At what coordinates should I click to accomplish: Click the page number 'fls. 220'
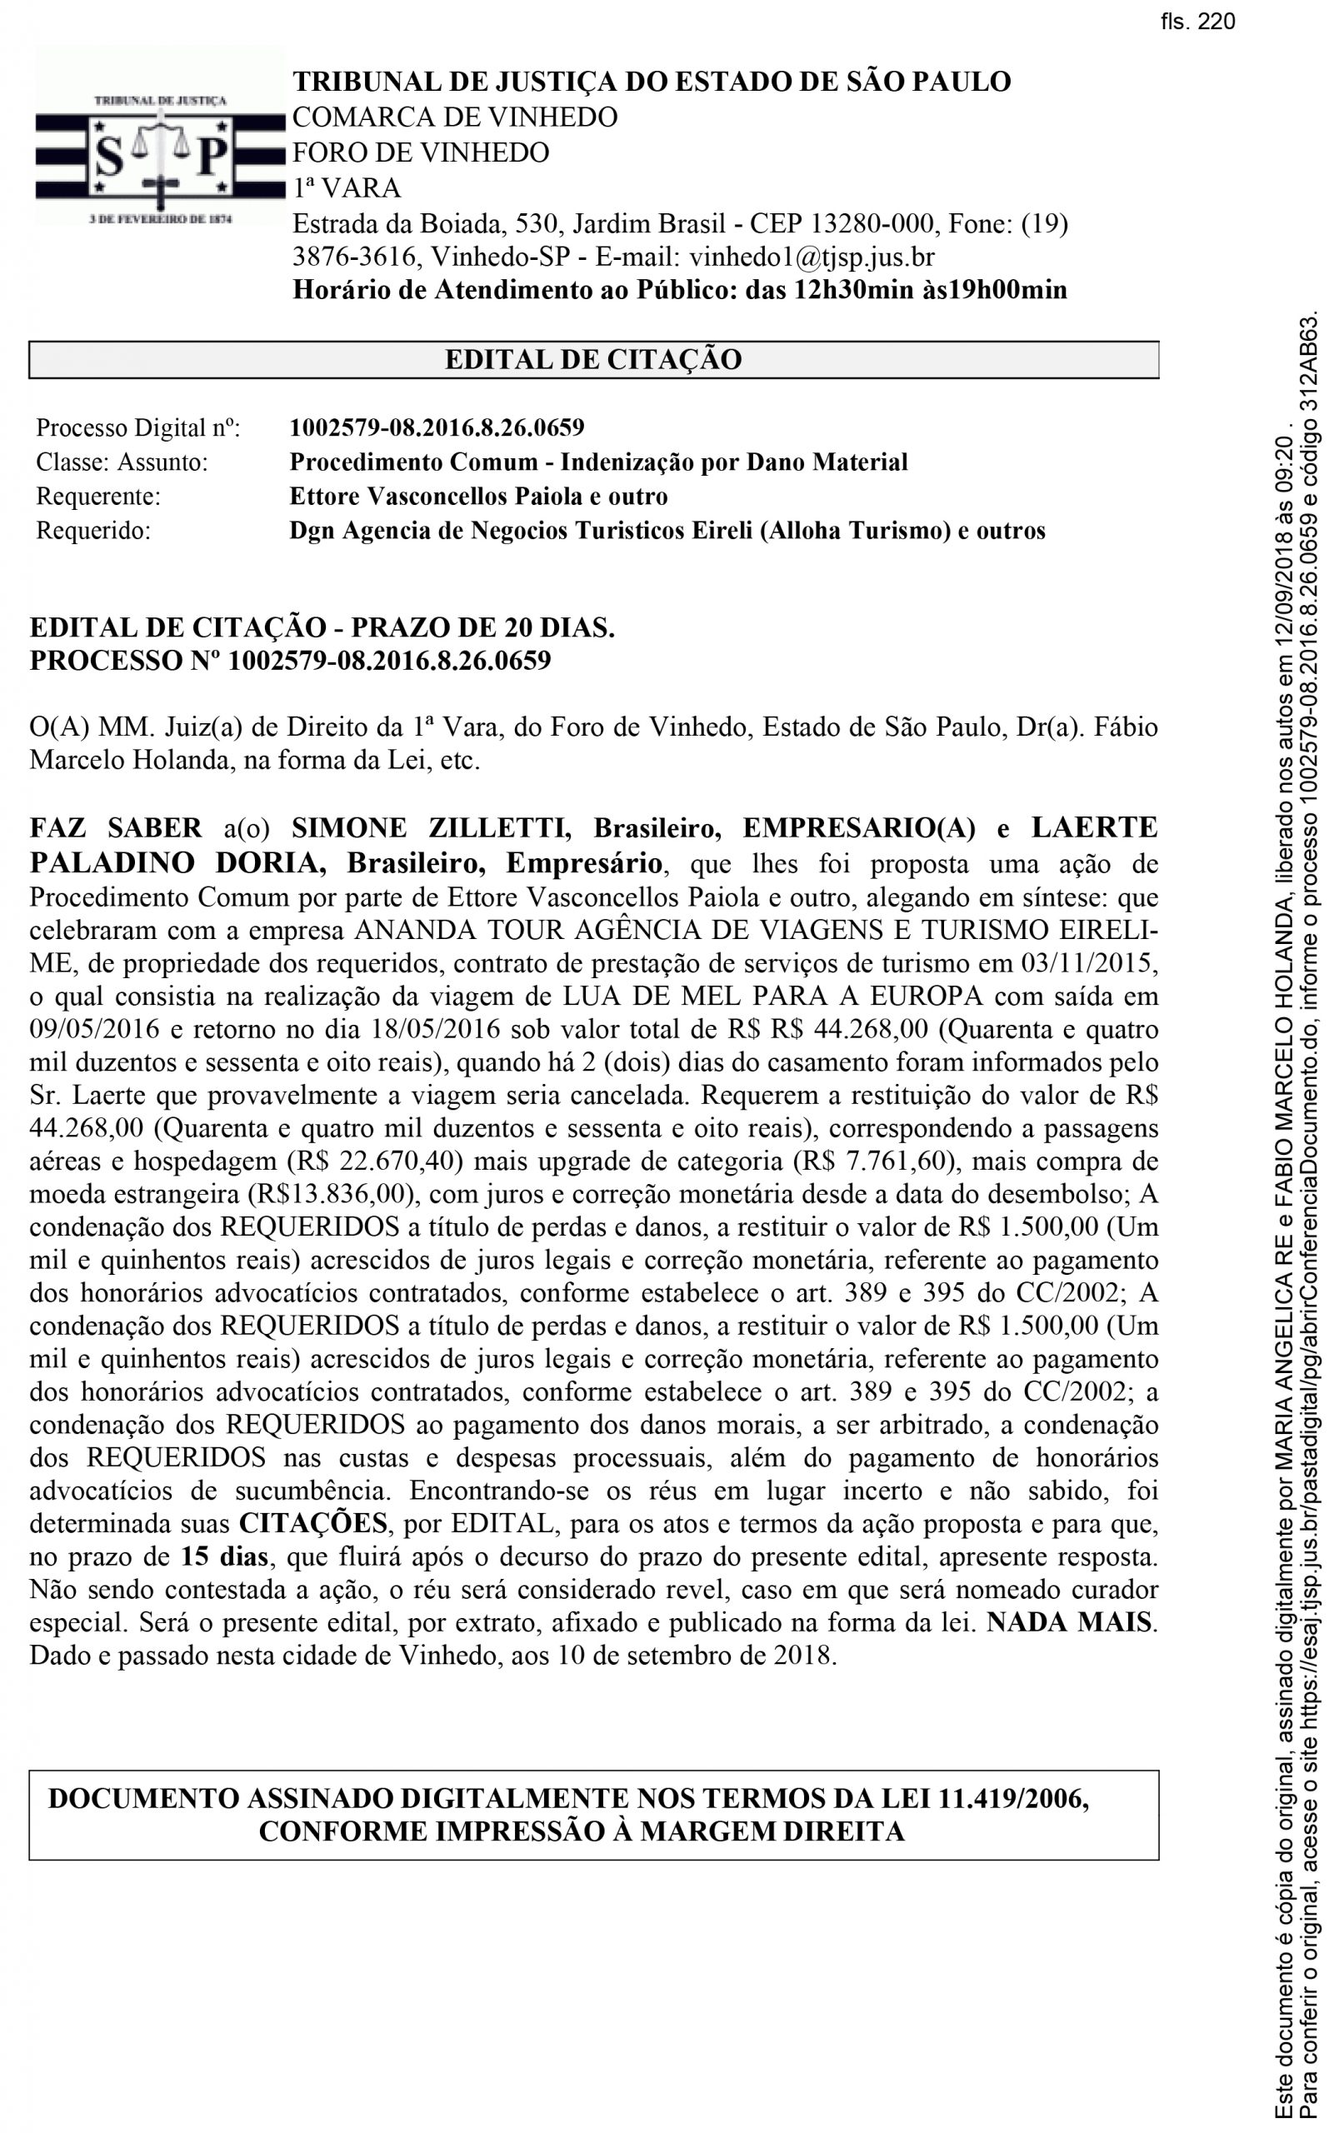1197,22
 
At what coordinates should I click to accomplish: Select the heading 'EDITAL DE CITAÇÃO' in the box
593,359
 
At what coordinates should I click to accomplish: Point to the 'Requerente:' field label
98,497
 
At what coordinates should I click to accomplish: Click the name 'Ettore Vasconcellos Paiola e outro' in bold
478,497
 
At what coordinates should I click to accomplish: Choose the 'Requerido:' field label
93,531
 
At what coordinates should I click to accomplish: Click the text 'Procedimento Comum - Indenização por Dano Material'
597,462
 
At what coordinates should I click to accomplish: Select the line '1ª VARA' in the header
347,188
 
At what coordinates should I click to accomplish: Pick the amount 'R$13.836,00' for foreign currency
326,1194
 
